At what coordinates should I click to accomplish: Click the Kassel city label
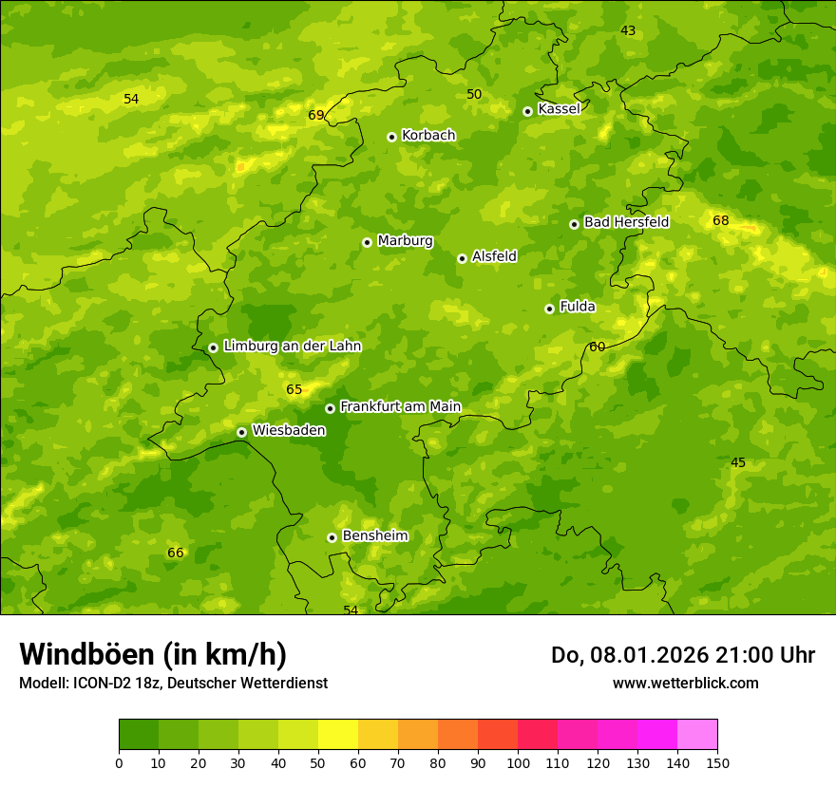click(x=559, y=109)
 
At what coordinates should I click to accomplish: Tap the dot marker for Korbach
click(x=391, y=137)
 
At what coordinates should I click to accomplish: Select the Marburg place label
click(x=405, y=241)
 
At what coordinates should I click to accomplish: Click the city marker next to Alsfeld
click(x=462, y=258)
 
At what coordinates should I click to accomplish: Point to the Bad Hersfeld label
click(x=626, y=222)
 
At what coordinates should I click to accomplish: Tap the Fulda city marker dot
click(x=549, y=309)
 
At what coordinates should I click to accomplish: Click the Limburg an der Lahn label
click(x=292, y=347)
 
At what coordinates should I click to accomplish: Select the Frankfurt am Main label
click(x=400, y=407)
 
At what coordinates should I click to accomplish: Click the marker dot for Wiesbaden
click(x=241, y=432)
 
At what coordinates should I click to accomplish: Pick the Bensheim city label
click(x=374, y=535)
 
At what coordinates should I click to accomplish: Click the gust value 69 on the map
click(x=316, y=116)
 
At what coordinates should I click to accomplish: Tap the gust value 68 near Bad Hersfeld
click(x=721, y=221)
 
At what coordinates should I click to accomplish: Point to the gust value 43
click(x=628, y=31)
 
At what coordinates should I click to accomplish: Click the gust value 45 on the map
click(x=738, y=463)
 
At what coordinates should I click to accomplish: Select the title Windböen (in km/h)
click(x=153, y=654)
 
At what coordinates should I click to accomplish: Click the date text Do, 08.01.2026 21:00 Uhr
click(x=682, y=655)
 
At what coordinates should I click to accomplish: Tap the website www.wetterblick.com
click(x=685, y=684)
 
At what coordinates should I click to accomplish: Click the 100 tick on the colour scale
click(x=518, y=762)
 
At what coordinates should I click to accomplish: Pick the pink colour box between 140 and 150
click(x=697, y=735)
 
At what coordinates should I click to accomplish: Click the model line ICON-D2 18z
click(x=173, y=684)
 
